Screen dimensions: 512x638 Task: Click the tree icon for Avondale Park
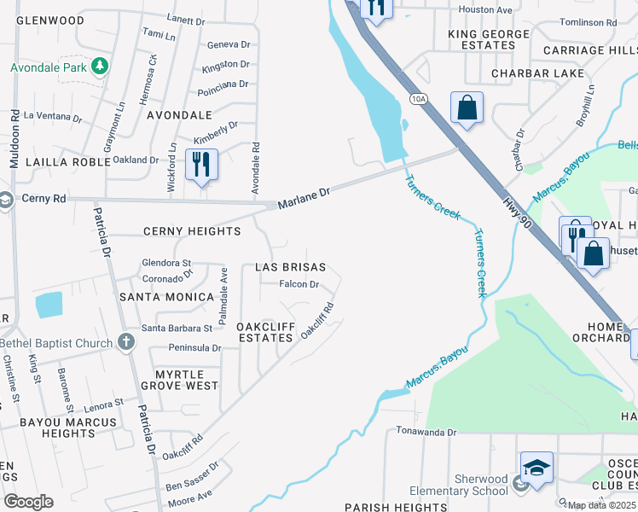pyautogui.click(x=100, y=66)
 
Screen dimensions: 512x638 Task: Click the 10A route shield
pyautogui.click(x=417, y=99)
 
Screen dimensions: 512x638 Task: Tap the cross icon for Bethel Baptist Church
pyautogui.click(x=126, y=343)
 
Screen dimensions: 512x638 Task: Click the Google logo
pyautogui.click(x=28, y=501)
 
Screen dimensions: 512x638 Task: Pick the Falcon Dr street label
pyautogui.click(x=299, y=285)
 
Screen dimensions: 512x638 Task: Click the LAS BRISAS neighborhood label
pyautogui.click(x=290, y=267)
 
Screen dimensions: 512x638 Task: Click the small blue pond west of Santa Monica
pyautogui.click(x=49, y=305)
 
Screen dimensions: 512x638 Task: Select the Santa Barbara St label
pyautogui.click(x=177, y=328)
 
